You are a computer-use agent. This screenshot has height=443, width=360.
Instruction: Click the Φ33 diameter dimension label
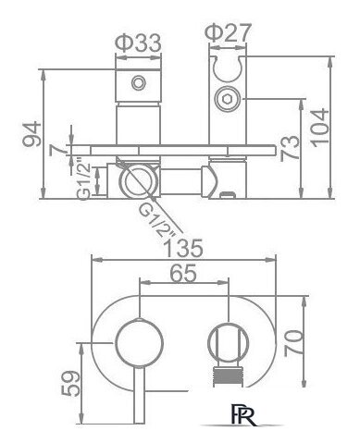tap(138, 43)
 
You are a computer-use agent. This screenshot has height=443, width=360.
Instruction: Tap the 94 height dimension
tap(31, 134)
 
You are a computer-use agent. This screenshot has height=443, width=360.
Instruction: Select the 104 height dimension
tap(318, 128)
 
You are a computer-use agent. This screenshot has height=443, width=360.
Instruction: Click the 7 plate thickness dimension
tap(58, 150)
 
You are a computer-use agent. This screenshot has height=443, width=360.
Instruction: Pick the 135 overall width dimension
tap(184, 248)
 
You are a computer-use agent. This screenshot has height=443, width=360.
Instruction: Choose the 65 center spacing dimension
tap(183, 273)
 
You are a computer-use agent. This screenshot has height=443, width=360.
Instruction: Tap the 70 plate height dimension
tap(293, 343)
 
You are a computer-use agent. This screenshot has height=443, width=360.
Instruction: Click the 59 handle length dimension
tap(71, 383)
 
